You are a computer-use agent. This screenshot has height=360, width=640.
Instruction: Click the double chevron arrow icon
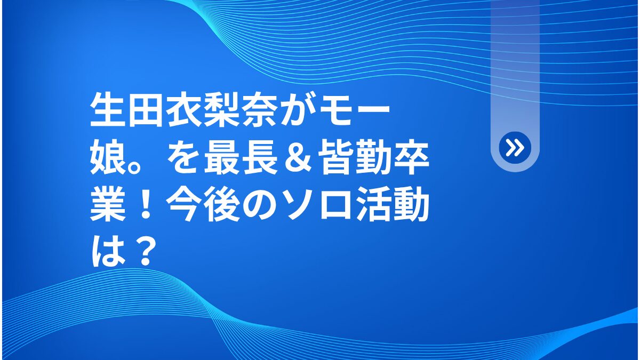pyautogui.click(x=515, y=148)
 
